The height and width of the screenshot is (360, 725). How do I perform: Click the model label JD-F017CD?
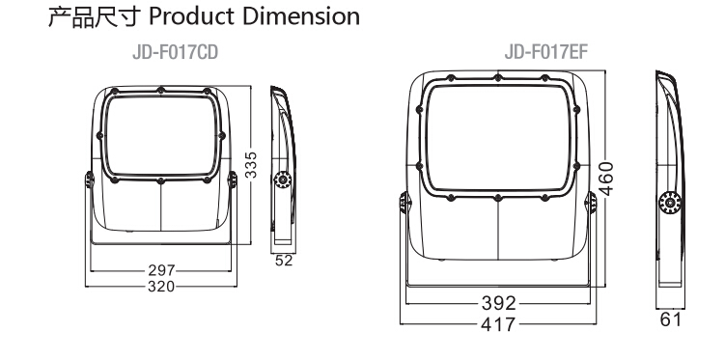(176, 53)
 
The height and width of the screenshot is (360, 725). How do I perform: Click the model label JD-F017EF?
(545, 52)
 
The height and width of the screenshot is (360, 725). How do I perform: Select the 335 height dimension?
(251, 164)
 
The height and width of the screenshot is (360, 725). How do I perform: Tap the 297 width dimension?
(161, 270)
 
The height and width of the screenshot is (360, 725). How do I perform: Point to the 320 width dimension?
(161, 287)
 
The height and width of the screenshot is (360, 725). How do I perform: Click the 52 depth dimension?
(284, 261)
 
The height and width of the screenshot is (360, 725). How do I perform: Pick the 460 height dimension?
(605, 179)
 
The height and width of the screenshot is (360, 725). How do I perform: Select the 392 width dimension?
(498, 304)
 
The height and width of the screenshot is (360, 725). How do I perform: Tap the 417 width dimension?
(498, 324)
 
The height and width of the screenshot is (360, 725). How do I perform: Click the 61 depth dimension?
(670, 319)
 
